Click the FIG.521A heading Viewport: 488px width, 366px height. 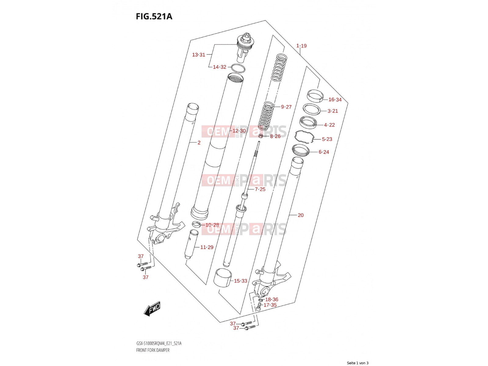pyautogui.click(x=154, y=16)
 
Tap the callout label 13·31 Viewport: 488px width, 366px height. pyautogui.click(x=199, y=55)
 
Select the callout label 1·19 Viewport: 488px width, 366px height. pyautogui.click(x=301, y=46)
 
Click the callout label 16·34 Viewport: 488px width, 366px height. pyautogui.click(x=335, y=99)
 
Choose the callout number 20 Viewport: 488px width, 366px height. pyautogui.click(x=300, y=215)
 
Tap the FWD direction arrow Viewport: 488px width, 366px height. pyautogui.click(x=152, y=309)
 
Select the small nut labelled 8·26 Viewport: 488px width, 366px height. pyautogui.click(x=261, y=135)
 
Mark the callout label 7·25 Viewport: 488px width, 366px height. pyautogui.click(x=260, y=189)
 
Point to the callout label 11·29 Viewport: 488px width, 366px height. pyautogui.click(x=207, y=247)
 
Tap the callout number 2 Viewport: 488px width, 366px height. pyautogui.click(x=199, y=143)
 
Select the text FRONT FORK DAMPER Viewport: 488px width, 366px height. pyautogui.click(x=153, y=350)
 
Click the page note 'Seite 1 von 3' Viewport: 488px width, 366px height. pyautogui.click(x=357, y=363)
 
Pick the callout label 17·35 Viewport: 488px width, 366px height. pyautogui.click(x=270, y=305)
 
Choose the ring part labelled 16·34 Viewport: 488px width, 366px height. pyautogui.click(x=315, y=95)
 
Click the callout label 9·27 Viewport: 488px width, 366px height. pyautogui.click(x=286, y=107)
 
